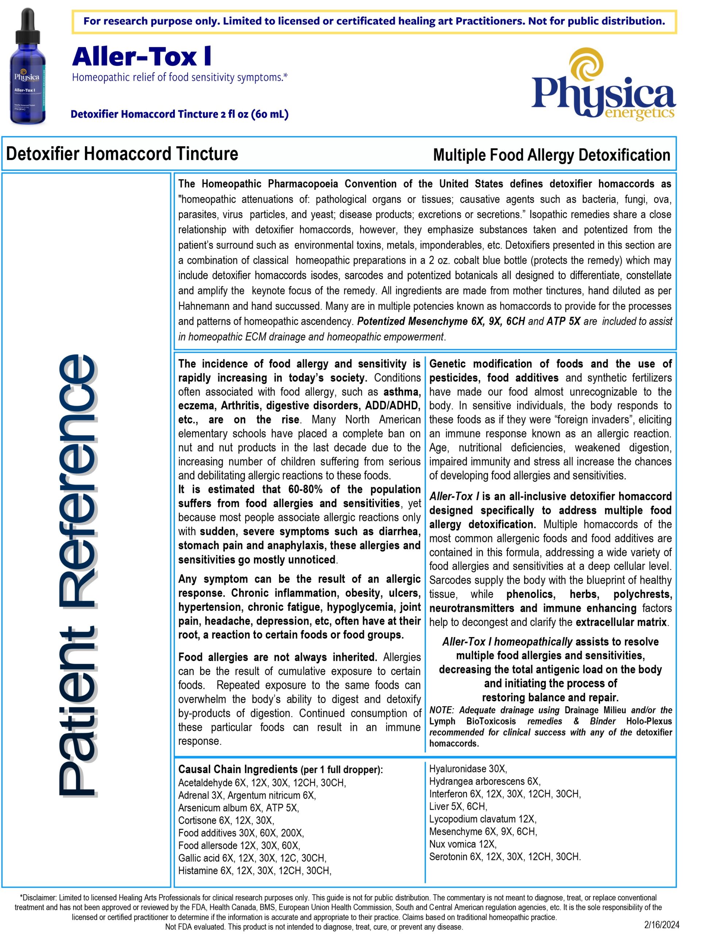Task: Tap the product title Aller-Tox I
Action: coord(142,57)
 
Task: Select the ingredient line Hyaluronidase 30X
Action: coord(468,768)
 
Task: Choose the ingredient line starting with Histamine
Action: coord(254,870)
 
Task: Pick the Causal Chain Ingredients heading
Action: coord(238,769)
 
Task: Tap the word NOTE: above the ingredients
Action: coord(441,710)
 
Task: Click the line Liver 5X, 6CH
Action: coord(458,806)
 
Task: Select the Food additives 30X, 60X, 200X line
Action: coord(241,833)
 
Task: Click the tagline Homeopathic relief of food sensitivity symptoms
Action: coord(180,77)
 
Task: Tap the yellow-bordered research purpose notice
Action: coord(374,21)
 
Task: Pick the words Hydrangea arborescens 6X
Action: coord(484,781)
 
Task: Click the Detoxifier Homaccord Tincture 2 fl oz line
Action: coord(179,114)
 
